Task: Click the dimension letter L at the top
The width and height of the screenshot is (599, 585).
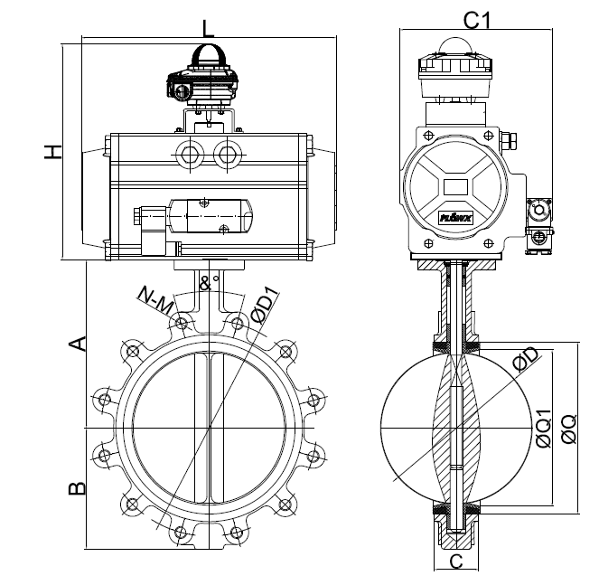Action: [x=209, y=27]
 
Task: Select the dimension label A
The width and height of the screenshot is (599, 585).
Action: [x=79, y=343]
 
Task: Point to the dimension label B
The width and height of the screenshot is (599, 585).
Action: [x=79, y=488]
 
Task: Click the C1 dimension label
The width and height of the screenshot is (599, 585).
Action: [x=476, y=18]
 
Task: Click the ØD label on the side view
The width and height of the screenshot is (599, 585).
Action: [x=525, y=363]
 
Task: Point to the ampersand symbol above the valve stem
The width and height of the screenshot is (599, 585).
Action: [x=204, y=283]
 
